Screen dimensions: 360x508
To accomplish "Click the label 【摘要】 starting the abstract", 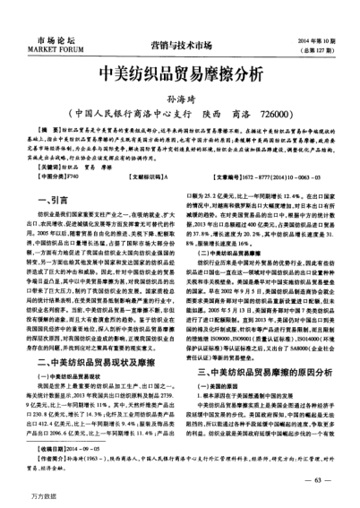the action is pyautogui.click(x=39, y=131).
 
